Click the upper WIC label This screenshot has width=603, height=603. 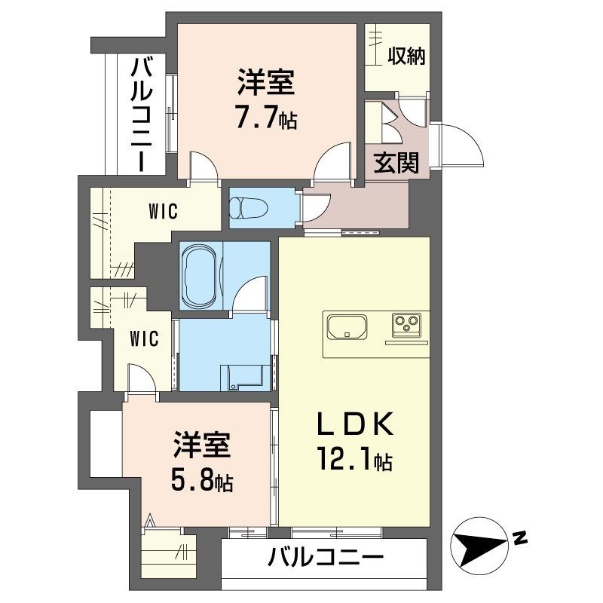[x=162, y=212]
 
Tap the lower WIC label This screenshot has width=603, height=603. [x=144, y=338]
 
